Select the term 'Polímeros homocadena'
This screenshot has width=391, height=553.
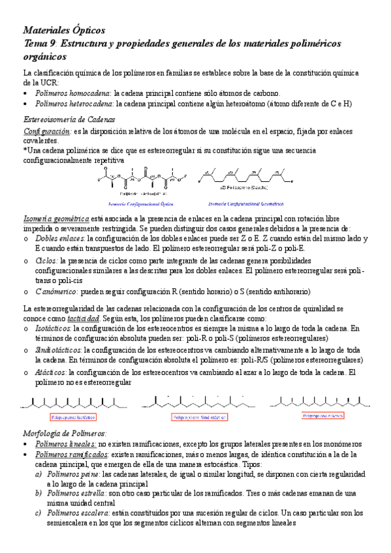pos(73,94)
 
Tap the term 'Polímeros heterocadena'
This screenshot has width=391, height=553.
pos(74,104)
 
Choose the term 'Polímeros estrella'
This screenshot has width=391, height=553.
pos(73,494)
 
